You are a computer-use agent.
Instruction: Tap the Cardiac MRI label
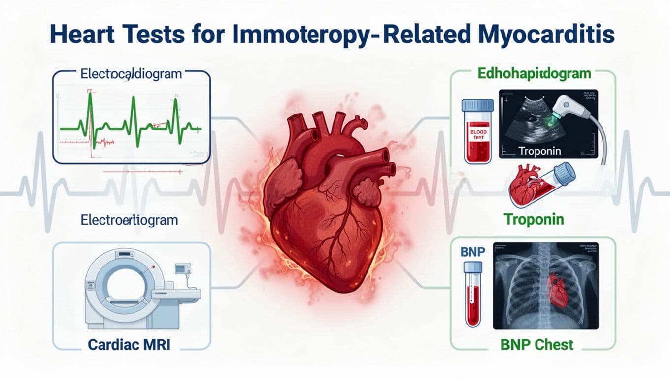[129, 344]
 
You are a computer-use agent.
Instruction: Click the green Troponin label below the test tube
[533, 219]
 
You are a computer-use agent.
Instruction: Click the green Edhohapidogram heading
[534, 75]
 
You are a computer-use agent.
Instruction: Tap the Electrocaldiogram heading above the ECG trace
[131, 75]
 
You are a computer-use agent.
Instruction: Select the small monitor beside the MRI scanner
[184, 269]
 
